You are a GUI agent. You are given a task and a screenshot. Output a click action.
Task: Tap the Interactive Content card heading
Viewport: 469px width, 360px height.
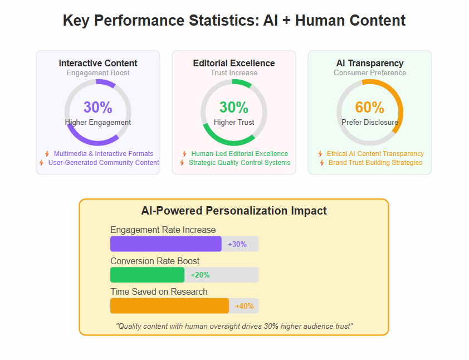point(98,63)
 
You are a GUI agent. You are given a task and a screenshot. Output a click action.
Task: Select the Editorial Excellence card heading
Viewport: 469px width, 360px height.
point(234,63)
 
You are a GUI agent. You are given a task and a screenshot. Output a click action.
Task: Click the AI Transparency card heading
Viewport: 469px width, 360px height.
point(370,63)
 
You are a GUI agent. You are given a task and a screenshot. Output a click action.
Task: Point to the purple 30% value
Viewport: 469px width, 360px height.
point(98,107)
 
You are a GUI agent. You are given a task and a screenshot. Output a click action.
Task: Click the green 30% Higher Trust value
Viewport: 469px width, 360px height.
point(234,107)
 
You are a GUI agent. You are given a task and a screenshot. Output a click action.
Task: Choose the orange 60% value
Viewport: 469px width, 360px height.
point(370,107)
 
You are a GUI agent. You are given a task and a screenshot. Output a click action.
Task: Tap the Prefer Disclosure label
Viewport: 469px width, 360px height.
point(370,123)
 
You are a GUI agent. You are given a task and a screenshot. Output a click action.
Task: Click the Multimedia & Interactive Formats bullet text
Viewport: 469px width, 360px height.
point(104,153)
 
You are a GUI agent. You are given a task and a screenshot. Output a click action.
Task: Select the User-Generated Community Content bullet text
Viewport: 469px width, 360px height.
point(104,163)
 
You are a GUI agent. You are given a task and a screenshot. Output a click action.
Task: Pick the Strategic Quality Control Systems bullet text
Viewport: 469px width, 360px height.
point(240,163)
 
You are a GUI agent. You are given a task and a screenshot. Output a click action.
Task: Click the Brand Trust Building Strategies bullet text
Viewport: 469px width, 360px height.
point(375,163)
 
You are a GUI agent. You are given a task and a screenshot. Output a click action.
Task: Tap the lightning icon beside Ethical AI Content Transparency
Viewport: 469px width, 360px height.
point(320,154)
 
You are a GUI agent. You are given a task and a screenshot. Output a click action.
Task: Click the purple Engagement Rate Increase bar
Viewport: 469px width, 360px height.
point(166,244)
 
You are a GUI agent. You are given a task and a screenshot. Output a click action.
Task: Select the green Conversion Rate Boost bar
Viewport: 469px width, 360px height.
point(148,275)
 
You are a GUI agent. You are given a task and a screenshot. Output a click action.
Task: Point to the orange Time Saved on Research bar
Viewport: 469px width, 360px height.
point(169,306)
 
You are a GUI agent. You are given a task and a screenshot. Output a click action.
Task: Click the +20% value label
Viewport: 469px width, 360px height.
point(200,275)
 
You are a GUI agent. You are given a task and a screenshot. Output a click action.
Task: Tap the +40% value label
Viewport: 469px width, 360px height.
point(245,306)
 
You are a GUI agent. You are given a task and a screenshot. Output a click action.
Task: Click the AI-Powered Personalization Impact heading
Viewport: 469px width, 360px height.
point(234,211)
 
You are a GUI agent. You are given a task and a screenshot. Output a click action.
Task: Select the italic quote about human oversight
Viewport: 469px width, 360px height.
point(234,326)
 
